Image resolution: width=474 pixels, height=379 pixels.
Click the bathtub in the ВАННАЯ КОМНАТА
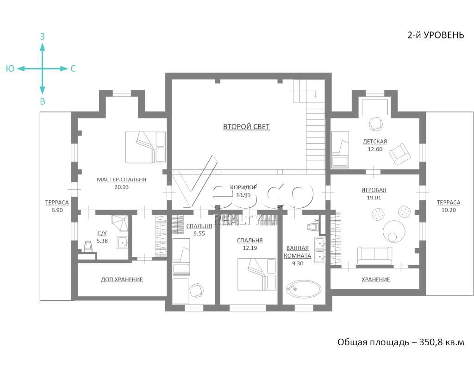point(304,290)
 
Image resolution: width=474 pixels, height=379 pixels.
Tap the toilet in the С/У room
point(88,246)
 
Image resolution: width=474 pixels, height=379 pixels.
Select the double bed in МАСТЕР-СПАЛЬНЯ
point(145,147)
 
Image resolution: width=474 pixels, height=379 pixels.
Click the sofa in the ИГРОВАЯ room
point(374,255)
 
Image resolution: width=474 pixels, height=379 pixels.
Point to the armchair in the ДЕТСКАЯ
point(399,154)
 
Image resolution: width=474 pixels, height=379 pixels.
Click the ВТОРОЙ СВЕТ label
point(246,127)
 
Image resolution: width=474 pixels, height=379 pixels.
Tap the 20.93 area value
point(122,187)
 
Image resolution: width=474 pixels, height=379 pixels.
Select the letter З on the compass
point(42,37)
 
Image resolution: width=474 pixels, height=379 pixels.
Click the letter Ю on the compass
point(10,68)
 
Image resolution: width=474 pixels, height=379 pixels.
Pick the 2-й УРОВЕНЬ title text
point(436,35)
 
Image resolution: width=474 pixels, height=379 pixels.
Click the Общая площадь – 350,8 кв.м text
point(401,342)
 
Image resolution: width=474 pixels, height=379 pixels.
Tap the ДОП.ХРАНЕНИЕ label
point(122,280)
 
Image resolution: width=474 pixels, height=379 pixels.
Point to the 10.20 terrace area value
point(449,210)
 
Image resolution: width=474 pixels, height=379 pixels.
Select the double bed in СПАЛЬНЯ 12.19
point(256,274)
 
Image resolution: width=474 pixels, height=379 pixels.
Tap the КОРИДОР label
point(243,187)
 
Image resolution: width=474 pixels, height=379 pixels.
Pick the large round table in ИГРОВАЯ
point(394,231)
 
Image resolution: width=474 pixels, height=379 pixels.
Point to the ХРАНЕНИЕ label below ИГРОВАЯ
point(376,280)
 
